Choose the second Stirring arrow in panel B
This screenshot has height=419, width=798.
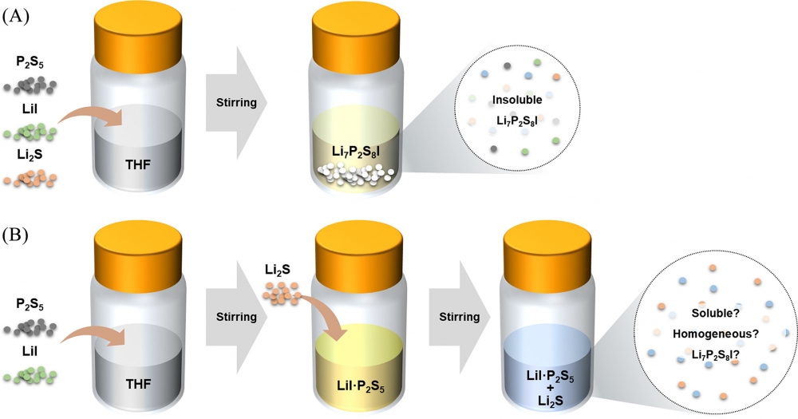click(458, 318)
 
